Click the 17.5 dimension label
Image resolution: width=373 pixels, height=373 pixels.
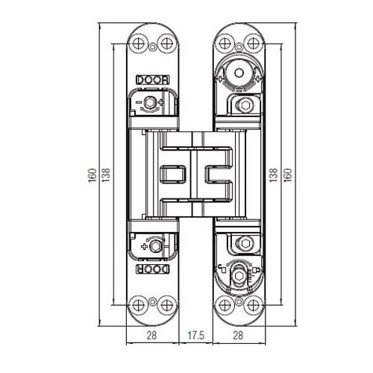pos(196,335)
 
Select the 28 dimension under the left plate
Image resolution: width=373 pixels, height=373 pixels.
pos(151,335)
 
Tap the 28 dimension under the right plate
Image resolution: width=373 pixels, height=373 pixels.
pos(238,335)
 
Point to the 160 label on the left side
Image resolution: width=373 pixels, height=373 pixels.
pos(93,175)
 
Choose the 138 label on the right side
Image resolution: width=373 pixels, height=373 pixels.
pos(273,175)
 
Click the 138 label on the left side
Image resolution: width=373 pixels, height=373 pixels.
pos(106,175)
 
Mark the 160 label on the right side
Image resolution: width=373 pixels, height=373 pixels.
pos(288,175)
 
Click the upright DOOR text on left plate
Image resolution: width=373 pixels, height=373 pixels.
pos(153,80)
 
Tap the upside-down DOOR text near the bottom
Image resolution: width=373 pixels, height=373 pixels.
pos(153,269)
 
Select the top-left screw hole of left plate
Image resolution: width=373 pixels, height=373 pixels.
pos(138,44)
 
